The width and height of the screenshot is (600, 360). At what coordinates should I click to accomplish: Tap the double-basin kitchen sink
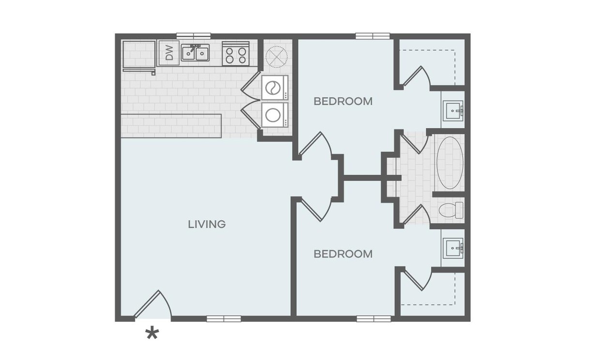[x=195, y=53]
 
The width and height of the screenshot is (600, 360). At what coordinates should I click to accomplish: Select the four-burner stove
[x=236, y=54]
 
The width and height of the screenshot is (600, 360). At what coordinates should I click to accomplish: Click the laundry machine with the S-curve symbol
[x=274, y=88]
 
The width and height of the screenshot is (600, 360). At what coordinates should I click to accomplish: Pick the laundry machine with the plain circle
[x=274, y=115]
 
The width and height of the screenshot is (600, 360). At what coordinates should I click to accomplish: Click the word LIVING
[x=207, y=224]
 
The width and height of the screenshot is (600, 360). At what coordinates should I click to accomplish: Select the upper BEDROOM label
[x=343, y=101]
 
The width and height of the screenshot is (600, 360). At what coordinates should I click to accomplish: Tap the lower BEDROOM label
[x=343, y=254]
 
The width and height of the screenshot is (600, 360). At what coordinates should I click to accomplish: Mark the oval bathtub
[x=450, y=163]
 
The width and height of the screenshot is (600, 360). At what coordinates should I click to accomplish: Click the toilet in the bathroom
[x=451, y=210]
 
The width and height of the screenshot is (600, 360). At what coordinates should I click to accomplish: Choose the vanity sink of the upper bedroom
[x=453, y=111]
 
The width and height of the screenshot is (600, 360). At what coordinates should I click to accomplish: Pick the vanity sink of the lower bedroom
[x=453, y=248]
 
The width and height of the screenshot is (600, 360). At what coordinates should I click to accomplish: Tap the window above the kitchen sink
[x=194, y=36]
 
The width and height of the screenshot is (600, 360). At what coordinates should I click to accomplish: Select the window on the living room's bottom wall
[x=224, y=319]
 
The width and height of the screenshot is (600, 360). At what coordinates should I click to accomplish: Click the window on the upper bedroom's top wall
[x=373, y=36]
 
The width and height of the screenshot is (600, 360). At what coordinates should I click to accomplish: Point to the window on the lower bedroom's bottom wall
[x=374, y=319]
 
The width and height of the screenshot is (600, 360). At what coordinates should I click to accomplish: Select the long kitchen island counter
[x=171, y=126]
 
